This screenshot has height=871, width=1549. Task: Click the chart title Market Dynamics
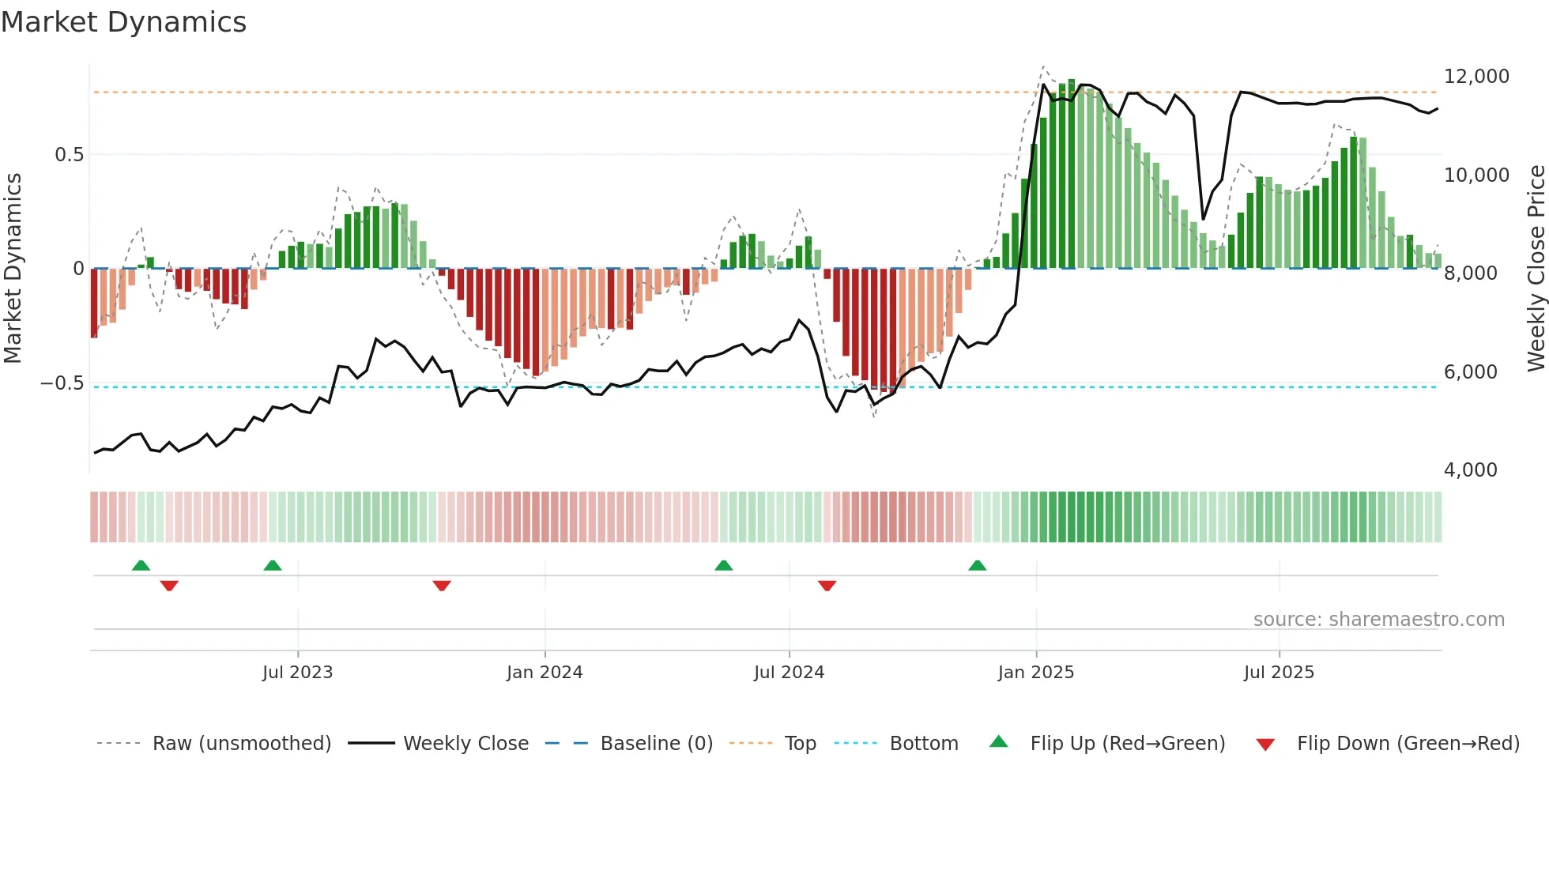[x=123, y=22]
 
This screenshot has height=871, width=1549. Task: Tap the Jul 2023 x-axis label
[x=297, y=673]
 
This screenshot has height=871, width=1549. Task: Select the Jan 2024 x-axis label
[x=545, y=673]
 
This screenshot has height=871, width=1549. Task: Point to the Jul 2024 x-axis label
[x=789, y=673]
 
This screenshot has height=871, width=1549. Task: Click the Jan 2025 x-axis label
[x=1035, y=673]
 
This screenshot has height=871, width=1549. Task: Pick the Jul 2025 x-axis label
[x=1279, y=673]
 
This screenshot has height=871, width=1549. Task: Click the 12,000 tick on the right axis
[x=1476, y=77]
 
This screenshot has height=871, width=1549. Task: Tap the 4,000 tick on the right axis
[x=1470, y=470]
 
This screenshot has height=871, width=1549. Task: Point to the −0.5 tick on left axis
[x=62, y=383]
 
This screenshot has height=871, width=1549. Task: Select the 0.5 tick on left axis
[x=70, y=155]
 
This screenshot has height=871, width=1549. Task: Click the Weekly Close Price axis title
[x=1536, y=269]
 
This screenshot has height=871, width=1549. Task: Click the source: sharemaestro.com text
[x=1378, y=620]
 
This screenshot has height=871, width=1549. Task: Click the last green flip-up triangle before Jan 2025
[x=977, y=566]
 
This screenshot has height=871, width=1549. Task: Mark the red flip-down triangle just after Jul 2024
[x=827, y=586]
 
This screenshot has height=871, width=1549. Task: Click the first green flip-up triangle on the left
[x=141, y=566]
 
